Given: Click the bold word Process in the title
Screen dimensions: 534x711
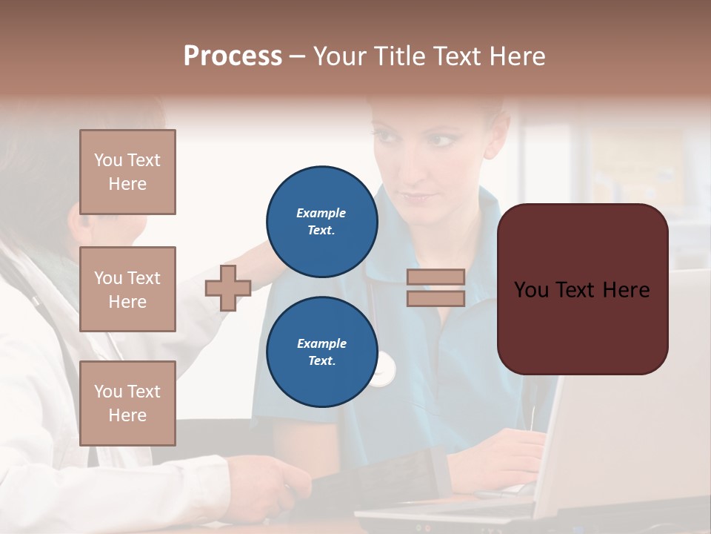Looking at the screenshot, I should [x=233, y=56].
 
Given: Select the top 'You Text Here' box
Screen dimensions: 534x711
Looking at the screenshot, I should [x=127, y=172].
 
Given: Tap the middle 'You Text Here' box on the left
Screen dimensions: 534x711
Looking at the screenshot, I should [x=127, y=289].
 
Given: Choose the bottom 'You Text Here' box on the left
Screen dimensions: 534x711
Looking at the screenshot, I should [x=127, y=403].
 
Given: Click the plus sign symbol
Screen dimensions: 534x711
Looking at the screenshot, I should [x=228, y=288].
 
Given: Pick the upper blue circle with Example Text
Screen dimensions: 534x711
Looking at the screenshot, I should [x=322, y=222].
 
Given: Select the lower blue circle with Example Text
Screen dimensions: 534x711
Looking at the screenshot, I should [x=322, y=352].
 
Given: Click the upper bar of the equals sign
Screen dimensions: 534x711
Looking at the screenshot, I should [x=435, y=277].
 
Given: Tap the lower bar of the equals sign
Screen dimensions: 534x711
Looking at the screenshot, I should [x=435, y=298].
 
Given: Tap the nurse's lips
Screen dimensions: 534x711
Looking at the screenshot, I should [x=420, y=197].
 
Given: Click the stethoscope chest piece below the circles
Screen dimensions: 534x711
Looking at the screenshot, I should [x=384, y=369].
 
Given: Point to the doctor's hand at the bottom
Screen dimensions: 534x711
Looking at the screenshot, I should [x=281, y=482].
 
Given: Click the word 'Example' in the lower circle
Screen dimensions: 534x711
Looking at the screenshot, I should [x=321, y=343].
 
